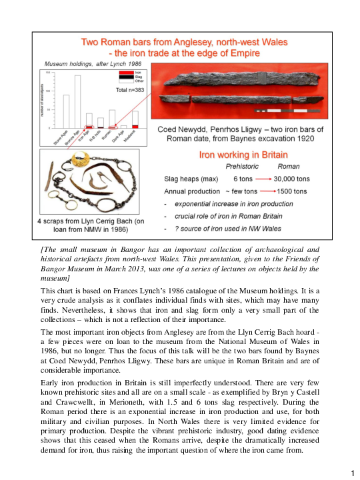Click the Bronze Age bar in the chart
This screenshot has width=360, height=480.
point(77,101)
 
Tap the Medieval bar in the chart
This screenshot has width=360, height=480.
point(135,119)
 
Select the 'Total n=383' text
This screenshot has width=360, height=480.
point(131,89)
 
